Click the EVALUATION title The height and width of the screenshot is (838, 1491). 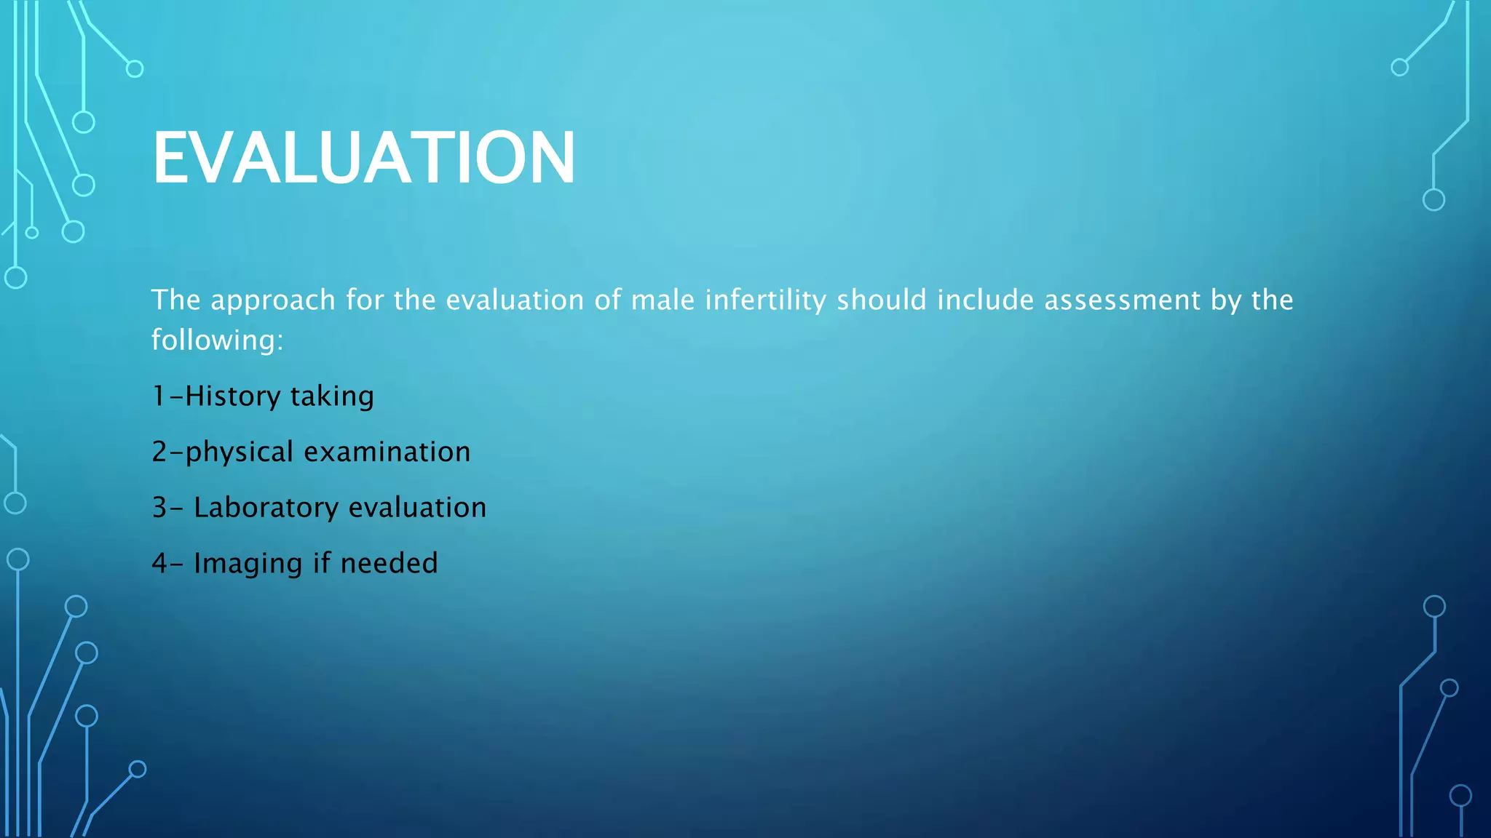pyautogui.click(x=363, y=158)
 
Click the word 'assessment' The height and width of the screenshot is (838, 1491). pyautogui.click(x=1122, y=300)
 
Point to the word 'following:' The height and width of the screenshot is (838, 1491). pyautogui.click(x=217, y=340)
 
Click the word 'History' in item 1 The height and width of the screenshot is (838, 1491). pyautogui.click(x=232, y=396)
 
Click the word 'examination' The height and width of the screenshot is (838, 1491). pyautogui.click(x=387, y=452)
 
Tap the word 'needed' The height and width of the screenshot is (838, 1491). pyautogui.click(x=389, y=563)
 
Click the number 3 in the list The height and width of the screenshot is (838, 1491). pyautogui.click(x=159, y=508)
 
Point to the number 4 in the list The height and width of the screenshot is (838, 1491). pyautogui.click(x=159, y=564)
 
